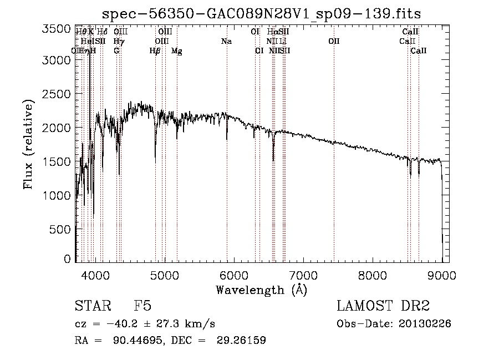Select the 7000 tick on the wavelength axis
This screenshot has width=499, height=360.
(303, 273)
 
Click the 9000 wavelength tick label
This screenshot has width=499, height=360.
(442, 273)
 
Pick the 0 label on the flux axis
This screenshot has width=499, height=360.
(67, 260)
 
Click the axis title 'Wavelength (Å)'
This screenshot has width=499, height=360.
(261, 290)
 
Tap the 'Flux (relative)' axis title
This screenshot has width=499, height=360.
(28, 145)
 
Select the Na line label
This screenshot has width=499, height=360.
(226, 41)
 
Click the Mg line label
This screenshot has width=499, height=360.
(176, 50)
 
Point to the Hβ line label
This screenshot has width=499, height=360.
(155, 50)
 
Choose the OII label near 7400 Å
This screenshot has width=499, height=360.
(333, 41)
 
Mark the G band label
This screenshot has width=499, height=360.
(116, 50)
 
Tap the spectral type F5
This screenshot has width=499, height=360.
(142, 306)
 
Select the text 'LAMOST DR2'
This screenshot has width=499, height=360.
(383, 306)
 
